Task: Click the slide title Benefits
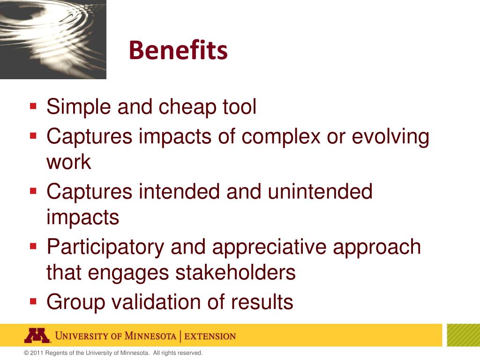tap(178, 50)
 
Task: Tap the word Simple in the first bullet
tap(79, 107)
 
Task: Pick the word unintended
tap(320, 192)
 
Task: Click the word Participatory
tap(105, 247)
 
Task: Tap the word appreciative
tap(269, 247)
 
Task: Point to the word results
tap(262, 302)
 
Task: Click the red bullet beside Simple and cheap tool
tap(33, 106)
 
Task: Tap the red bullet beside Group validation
tap(33, 301)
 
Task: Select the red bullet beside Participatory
tap(33, 246)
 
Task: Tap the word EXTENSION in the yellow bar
tap(210, 337)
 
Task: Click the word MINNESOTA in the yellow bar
tap(150, 336)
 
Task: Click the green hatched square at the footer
tap(464, 335)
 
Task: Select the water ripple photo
tap(53, 39)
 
